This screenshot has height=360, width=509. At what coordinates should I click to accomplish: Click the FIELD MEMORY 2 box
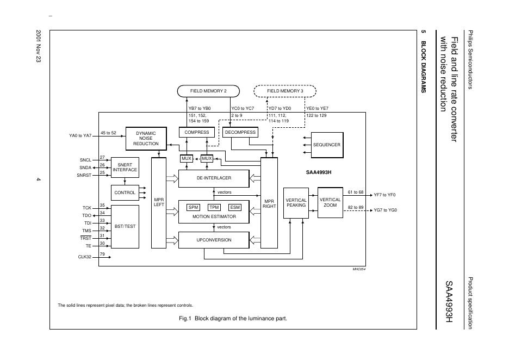point(208,91)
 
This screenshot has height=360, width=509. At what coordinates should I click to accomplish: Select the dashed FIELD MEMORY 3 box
point(285,91)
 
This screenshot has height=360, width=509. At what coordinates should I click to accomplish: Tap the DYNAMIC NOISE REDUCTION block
point(146,138)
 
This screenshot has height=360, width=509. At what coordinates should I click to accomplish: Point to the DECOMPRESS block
point(240,132)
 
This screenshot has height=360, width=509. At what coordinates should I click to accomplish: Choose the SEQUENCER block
point(326,145)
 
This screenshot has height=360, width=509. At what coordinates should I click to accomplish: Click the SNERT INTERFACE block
point(125,167)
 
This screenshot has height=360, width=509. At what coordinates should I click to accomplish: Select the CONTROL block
point(125,193)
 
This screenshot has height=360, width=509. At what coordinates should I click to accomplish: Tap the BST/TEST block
point(125,226)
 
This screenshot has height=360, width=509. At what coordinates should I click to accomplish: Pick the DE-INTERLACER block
point(214,178)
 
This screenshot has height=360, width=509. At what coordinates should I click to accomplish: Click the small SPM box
point(193,207)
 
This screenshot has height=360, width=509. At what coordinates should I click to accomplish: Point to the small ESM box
point(234,207)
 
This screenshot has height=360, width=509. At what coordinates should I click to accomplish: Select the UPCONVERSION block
point(214,240)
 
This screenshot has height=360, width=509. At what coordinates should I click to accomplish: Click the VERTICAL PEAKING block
point(296,203)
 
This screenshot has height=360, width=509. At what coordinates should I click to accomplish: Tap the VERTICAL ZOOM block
point(330,203)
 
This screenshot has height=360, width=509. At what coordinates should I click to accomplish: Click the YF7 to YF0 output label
point(384,195)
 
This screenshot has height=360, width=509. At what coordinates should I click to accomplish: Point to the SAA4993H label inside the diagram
point(319,173)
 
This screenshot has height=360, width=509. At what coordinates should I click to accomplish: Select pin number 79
point(102,254)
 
